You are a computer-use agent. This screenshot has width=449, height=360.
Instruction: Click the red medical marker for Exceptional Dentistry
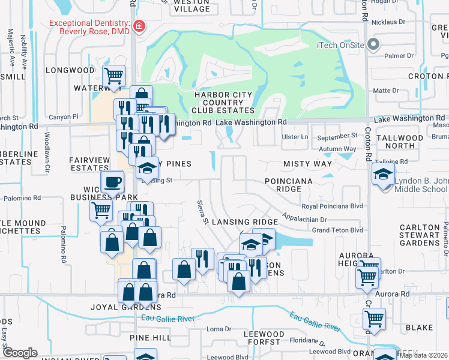click(x=139, y=26)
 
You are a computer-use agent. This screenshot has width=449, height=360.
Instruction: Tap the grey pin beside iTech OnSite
click(x=373, y=44)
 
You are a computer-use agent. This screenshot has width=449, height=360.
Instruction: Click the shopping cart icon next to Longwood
click(x=113, y=76)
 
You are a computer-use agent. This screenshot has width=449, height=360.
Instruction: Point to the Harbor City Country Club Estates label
click(x=223, y=102)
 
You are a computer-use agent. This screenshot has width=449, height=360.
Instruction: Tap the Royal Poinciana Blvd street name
click(x=333, y=206)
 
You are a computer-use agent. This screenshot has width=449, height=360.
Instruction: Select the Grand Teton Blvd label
click(x=337, y=230)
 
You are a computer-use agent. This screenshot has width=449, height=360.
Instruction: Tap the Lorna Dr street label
click(x=218, y=329)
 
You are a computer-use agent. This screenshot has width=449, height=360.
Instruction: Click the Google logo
click(x=20, y=353)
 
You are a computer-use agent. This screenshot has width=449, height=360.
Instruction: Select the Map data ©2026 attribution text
click(x=423, y=355)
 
